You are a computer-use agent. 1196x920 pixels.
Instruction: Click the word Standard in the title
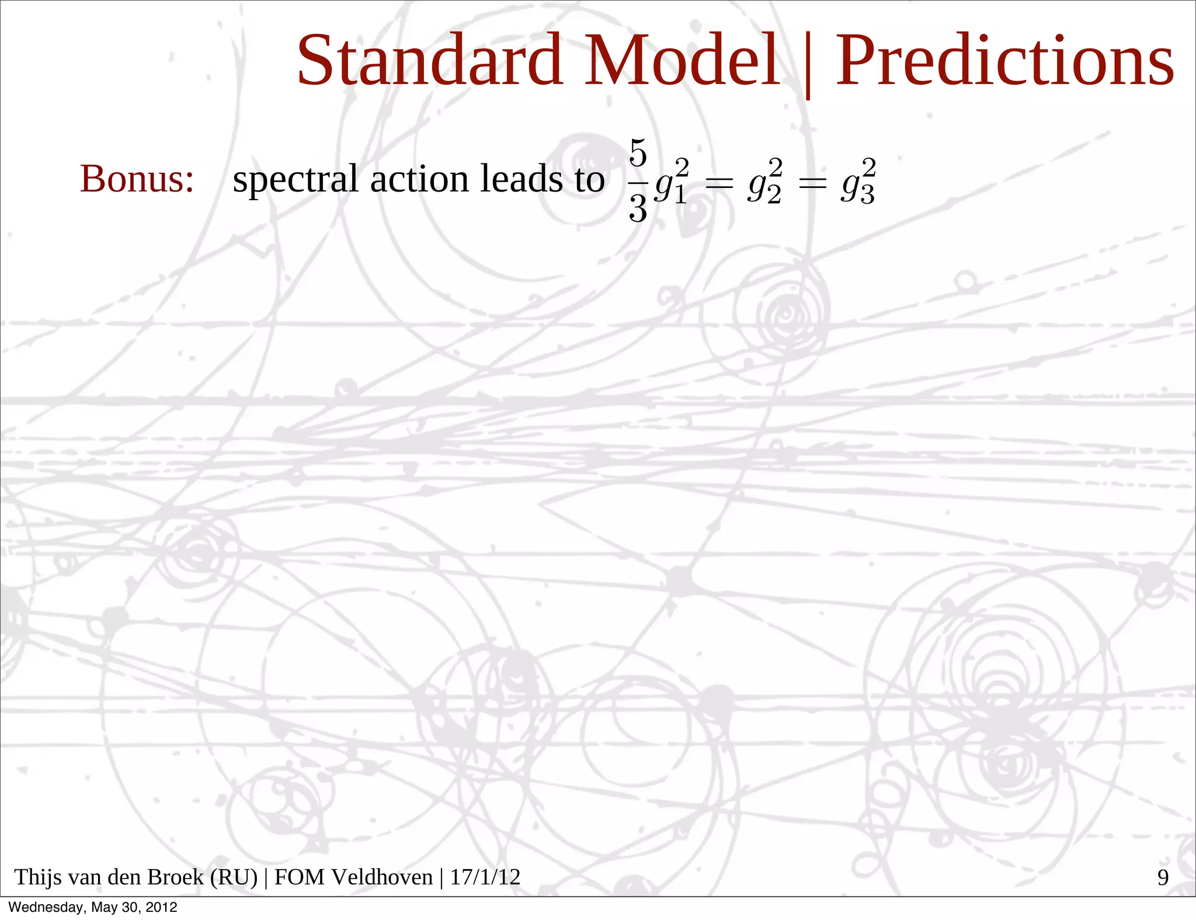point(429,60)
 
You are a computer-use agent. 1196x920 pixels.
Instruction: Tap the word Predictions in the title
point(1004,60)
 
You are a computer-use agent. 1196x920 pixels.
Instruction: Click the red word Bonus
point(137,179)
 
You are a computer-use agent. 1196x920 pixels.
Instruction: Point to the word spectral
point(295,180)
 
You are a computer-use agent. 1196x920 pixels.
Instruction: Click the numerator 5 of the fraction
point(638,154)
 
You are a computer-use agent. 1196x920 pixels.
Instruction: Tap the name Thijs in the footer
point(36,877)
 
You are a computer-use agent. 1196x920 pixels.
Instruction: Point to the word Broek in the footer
point(176,877)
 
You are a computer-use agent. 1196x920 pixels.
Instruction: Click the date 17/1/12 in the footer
point(485,877)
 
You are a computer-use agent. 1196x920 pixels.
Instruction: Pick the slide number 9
point(1163,878)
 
